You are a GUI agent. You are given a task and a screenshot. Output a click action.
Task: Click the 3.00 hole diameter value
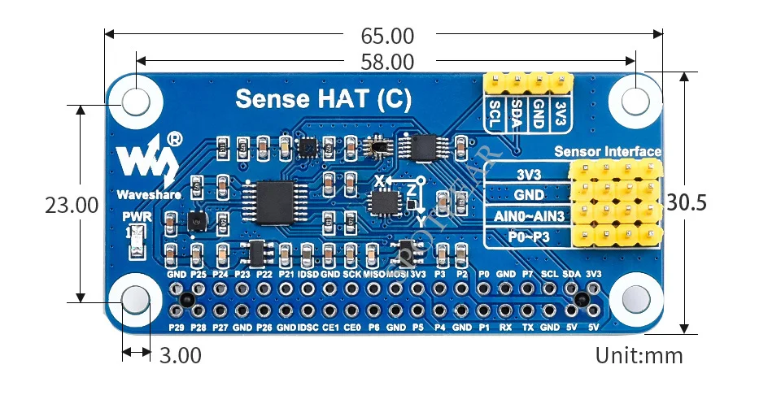(179, 355)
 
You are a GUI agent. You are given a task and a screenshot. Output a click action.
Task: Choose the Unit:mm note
(639, 355)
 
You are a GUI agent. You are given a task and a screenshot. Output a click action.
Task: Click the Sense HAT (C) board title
(323, 99)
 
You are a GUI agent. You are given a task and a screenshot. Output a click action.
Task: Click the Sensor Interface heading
(607, 151)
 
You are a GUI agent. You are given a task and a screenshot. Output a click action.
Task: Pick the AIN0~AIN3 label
(527, 216)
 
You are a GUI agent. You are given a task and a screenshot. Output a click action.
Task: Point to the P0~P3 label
(527, 237)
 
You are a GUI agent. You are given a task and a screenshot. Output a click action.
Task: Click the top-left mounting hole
(137, 102)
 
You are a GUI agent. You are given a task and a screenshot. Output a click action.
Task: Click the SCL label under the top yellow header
(494, 115)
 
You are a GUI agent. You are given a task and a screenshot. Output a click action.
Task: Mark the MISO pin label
(374, 275)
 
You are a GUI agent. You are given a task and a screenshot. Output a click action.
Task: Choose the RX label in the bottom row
(505, 328)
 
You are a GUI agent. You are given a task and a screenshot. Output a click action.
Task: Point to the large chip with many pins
(269, 198)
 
